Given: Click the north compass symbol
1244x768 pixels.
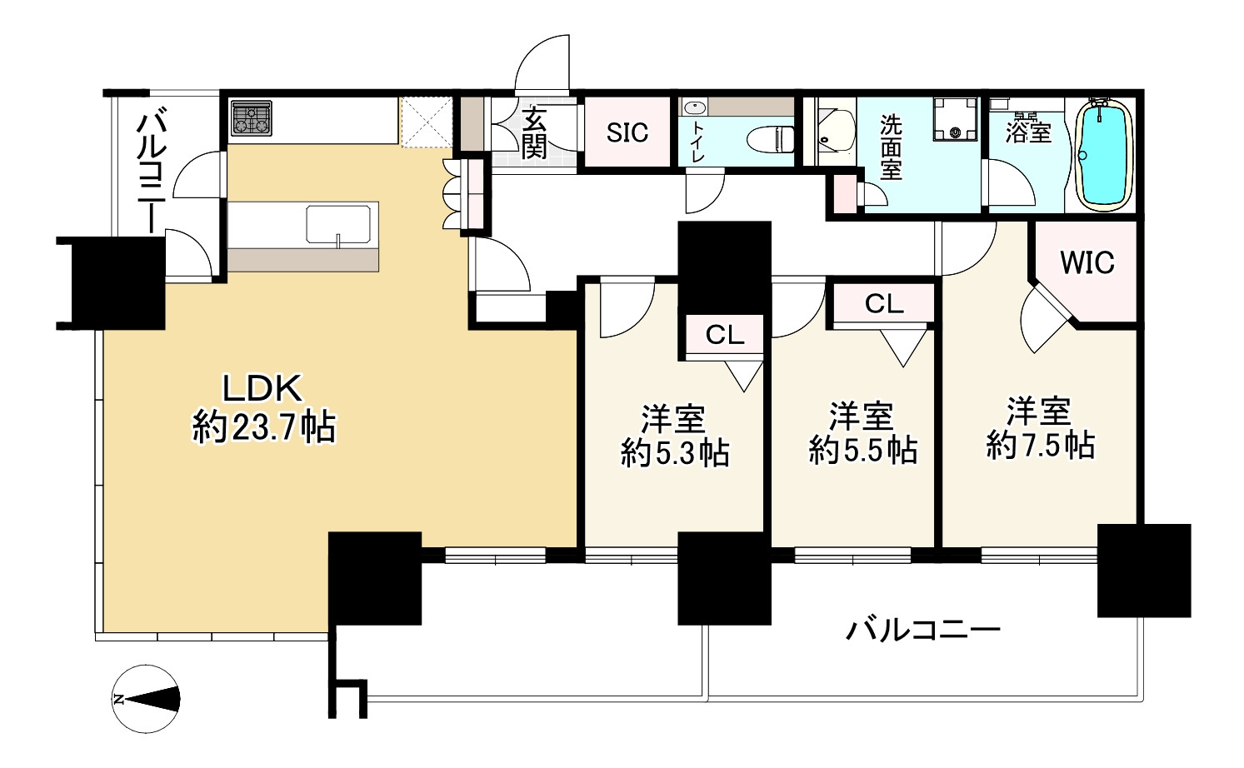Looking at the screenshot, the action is click(146, 699).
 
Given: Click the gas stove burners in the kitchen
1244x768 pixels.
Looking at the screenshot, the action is click(251, 118).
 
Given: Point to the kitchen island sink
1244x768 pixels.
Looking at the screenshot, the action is click(338, 224).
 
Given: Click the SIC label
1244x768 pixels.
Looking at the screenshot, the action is click(627, 132).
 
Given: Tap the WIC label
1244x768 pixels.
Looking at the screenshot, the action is click(1087, 262).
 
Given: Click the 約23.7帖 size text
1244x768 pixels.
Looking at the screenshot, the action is click(264, 426).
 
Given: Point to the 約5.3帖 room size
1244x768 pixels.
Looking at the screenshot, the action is click(675, 453).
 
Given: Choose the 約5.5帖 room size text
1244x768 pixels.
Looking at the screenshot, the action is click(863, 450).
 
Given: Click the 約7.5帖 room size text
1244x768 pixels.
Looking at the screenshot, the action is click(1040, 445).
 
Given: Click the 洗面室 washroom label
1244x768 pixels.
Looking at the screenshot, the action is click(890, 148).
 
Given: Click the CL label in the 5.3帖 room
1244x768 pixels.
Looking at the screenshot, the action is click(725, 335).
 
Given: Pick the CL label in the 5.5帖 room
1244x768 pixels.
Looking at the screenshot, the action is click(884, 304).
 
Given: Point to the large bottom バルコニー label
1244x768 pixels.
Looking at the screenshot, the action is click(923, 631).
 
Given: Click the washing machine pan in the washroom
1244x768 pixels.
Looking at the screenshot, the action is click(955, 119).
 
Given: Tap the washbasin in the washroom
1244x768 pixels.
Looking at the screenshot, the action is click(835, 131).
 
